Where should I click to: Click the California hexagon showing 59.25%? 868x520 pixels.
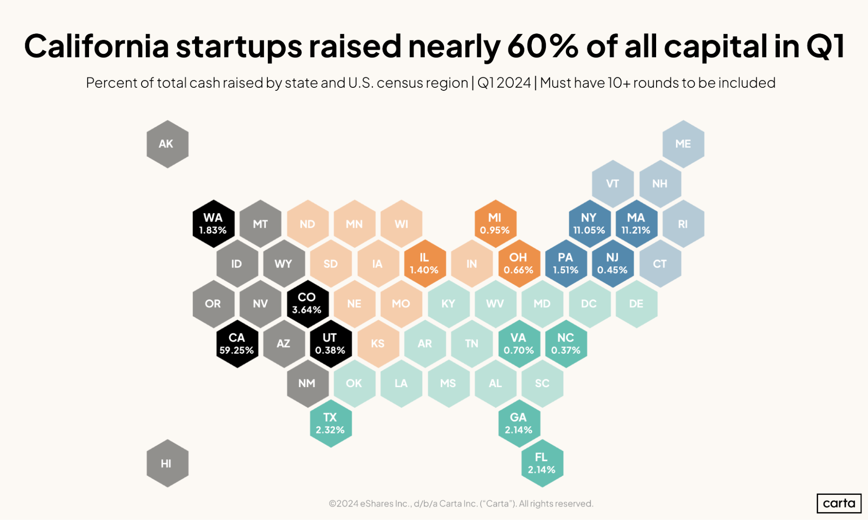[237, 344]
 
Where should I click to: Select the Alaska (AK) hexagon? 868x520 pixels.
[167, 144]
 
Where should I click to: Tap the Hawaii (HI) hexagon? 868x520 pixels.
[167, 463]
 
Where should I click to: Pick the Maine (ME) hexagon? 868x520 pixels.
[683, 144]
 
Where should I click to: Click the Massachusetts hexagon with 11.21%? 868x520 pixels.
[636, 224]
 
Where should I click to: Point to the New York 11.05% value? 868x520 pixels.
[589, 230]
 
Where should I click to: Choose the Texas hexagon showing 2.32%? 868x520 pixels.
[330, 423]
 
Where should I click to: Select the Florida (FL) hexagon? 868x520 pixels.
[542, 463]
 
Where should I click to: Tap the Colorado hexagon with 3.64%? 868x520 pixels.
[307, 303]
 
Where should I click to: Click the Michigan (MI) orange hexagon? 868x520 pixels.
[495, 224]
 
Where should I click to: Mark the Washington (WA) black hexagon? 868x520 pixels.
[213, 224]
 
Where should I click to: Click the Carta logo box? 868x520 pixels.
[838, 503]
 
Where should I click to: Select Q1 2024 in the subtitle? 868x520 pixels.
[504, 83]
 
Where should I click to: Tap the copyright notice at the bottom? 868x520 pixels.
[461, 503]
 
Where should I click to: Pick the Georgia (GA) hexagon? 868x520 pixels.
[518, 423]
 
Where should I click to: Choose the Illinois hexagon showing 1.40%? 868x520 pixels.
[425, 263]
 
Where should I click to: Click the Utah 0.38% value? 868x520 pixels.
[330, 350]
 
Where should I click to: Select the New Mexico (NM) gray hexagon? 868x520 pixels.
[307, 383]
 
